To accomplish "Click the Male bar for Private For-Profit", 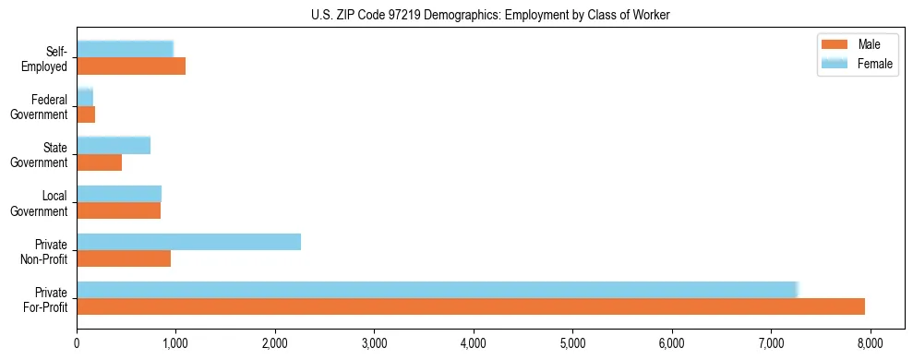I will pos(471,306).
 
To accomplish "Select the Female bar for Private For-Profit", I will pos(437,290).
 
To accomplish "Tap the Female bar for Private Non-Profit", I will pos(188,242).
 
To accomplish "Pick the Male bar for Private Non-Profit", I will pos(124,258).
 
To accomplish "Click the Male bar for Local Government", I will pos(118,210).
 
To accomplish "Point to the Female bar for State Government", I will pos(114,145).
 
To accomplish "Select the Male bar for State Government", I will pos(99,162).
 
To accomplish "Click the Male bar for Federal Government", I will pos(86,114).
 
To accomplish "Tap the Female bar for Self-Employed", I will pos(125,49).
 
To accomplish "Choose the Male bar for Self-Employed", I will pos(131,66).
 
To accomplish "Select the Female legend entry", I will pos(874,63).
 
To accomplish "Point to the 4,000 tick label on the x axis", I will pos(474,344).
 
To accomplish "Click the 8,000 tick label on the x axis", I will pos(871,344).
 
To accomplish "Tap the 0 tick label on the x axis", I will pos(77,344).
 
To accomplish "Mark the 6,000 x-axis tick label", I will pos(672,344).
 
